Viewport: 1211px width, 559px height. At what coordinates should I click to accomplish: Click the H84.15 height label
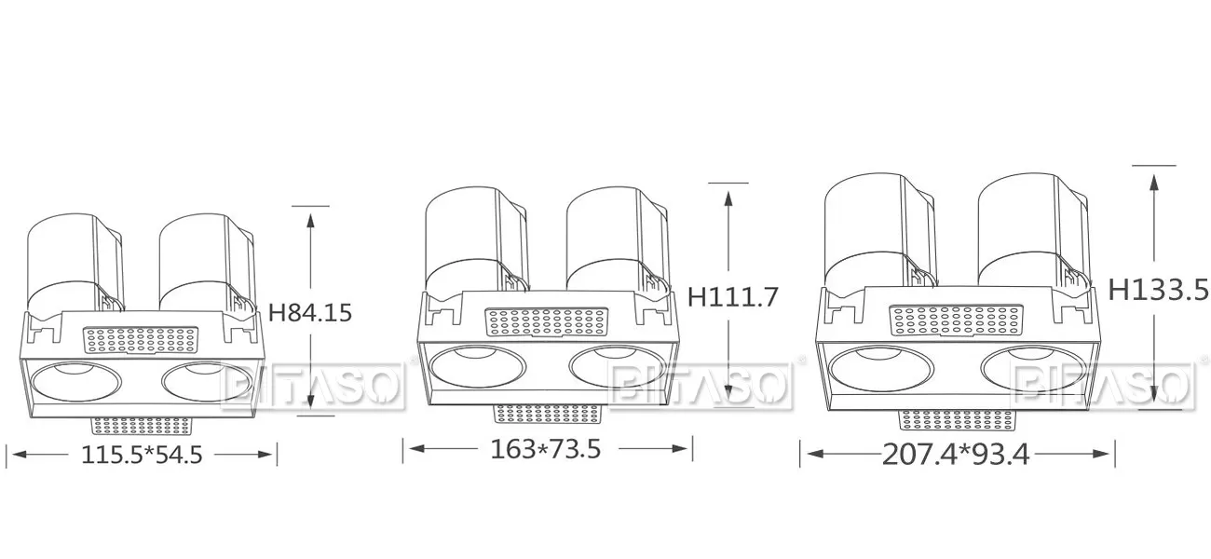310,312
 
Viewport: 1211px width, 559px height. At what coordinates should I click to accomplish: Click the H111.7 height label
732,296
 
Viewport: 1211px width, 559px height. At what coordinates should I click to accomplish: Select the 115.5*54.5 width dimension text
142,455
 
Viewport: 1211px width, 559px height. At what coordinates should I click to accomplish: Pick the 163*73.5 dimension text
546,449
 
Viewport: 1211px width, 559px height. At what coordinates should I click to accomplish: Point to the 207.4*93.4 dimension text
956,455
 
